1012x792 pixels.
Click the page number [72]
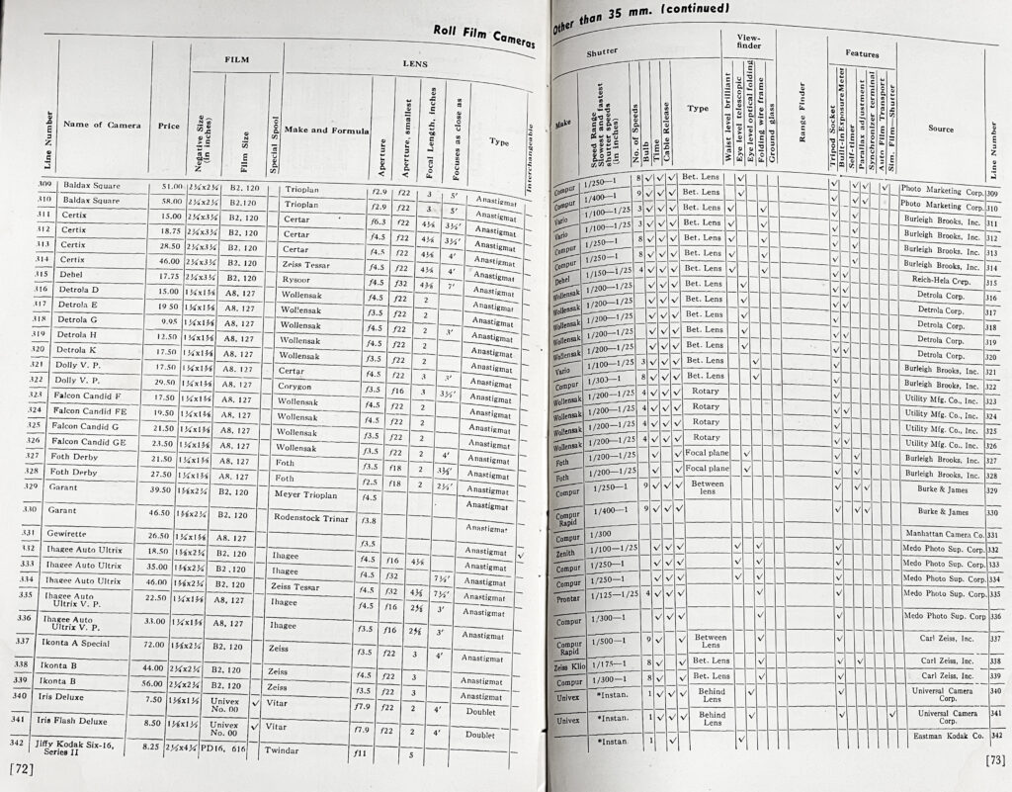[21, 767]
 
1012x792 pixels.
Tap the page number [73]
[995, 759]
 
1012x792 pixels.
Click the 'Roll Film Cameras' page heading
[483, 36]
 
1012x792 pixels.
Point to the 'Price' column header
[169, 126]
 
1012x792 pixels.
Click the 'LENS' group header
[414, 62]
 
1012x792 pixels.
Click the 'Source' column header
[940, 129]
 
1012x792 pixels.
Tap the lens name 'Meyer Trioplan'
[310, 494]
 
